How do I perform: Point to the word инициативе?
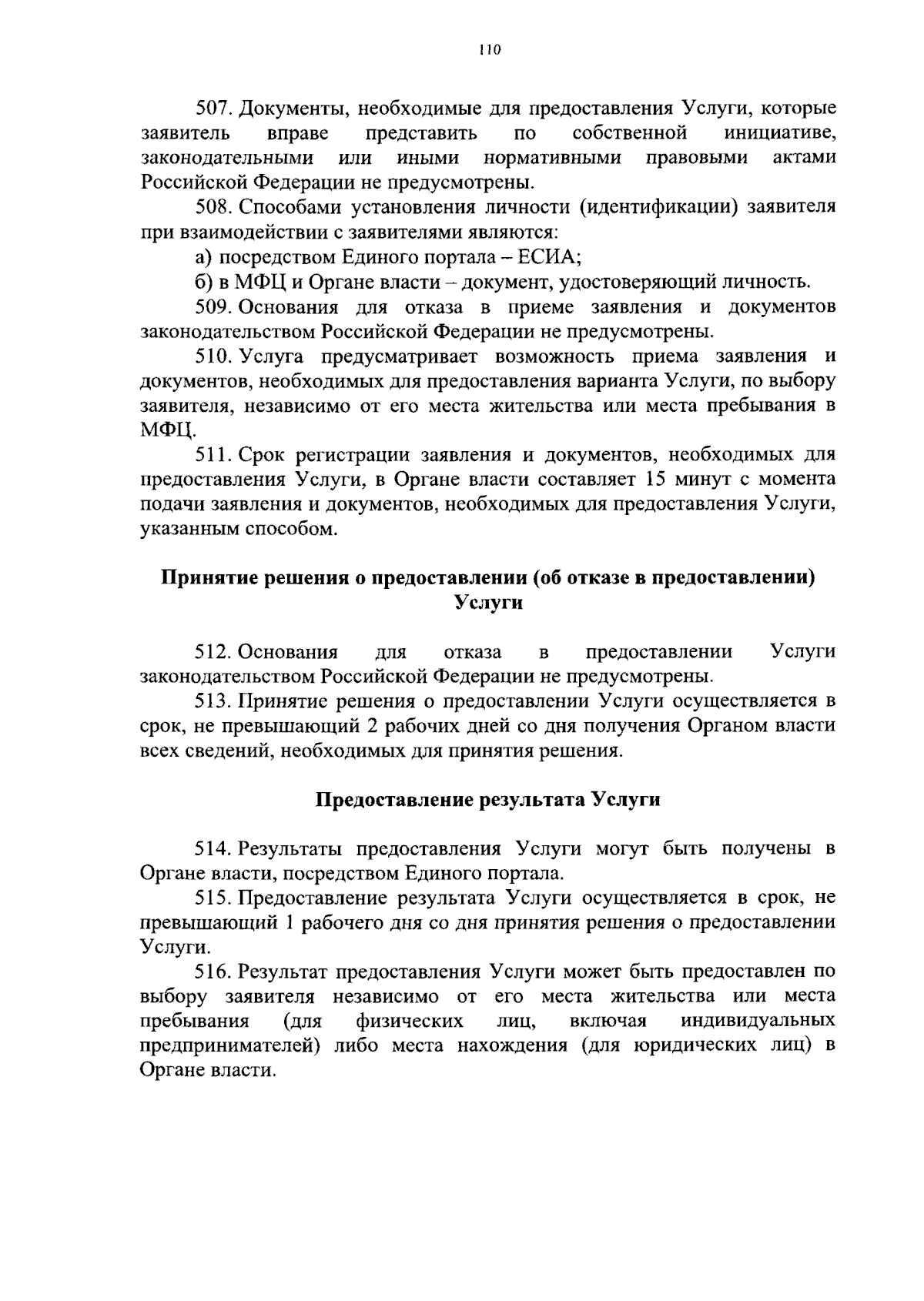[780, 133]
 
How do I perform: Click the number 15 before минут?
[648, 480]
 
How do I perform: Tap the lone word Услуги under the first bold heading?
[488, 603]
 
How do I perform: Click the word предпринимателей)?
[230, 1046]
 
